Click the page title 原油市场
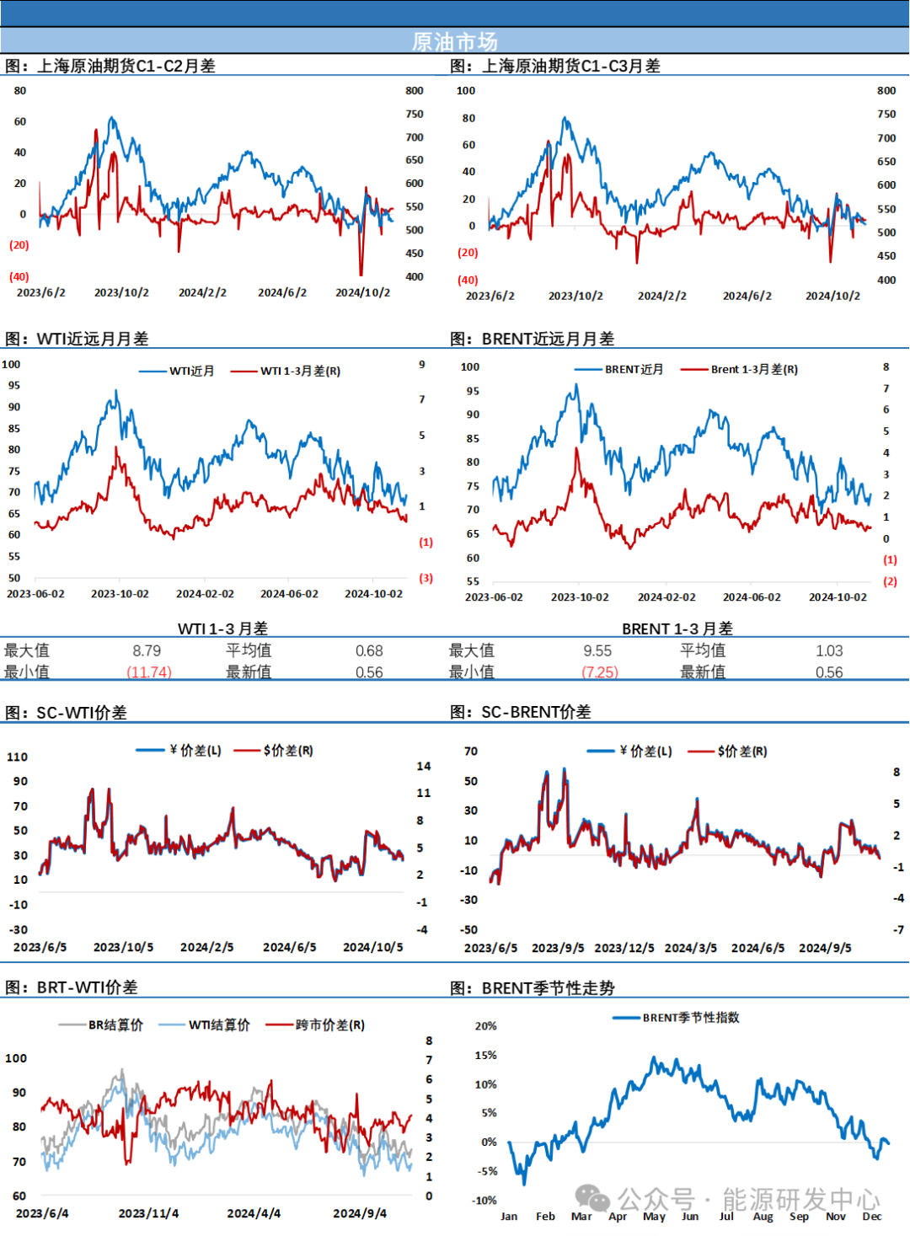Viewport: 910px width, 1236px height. click(x=454, y=41)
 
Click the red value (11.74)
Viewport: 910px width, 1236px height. click(x=149, y=672)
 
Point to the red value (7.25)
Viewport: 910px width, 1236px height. click(x=601, y=672)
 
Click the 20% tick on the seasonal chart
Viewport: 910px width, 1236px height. click(x=485, y=1025)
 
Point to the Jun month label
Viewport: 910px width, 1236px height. click(x=690, y=1216)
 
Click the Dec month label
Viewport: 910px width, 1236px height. click(x=872, y=1216)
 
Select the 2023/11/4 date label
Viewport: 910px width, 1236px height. click(x=148, y=1213)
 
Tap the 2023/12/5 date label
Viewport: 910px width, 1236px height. click(x=624, y=948)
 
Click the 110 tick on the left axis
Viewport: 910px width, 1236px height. click(x=17, y=757)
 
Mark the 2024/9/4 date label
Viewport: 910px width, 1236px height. click(x=360, y=1213)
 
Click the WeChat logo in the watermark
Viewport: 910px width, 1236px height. click(x=593, y=1198)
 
